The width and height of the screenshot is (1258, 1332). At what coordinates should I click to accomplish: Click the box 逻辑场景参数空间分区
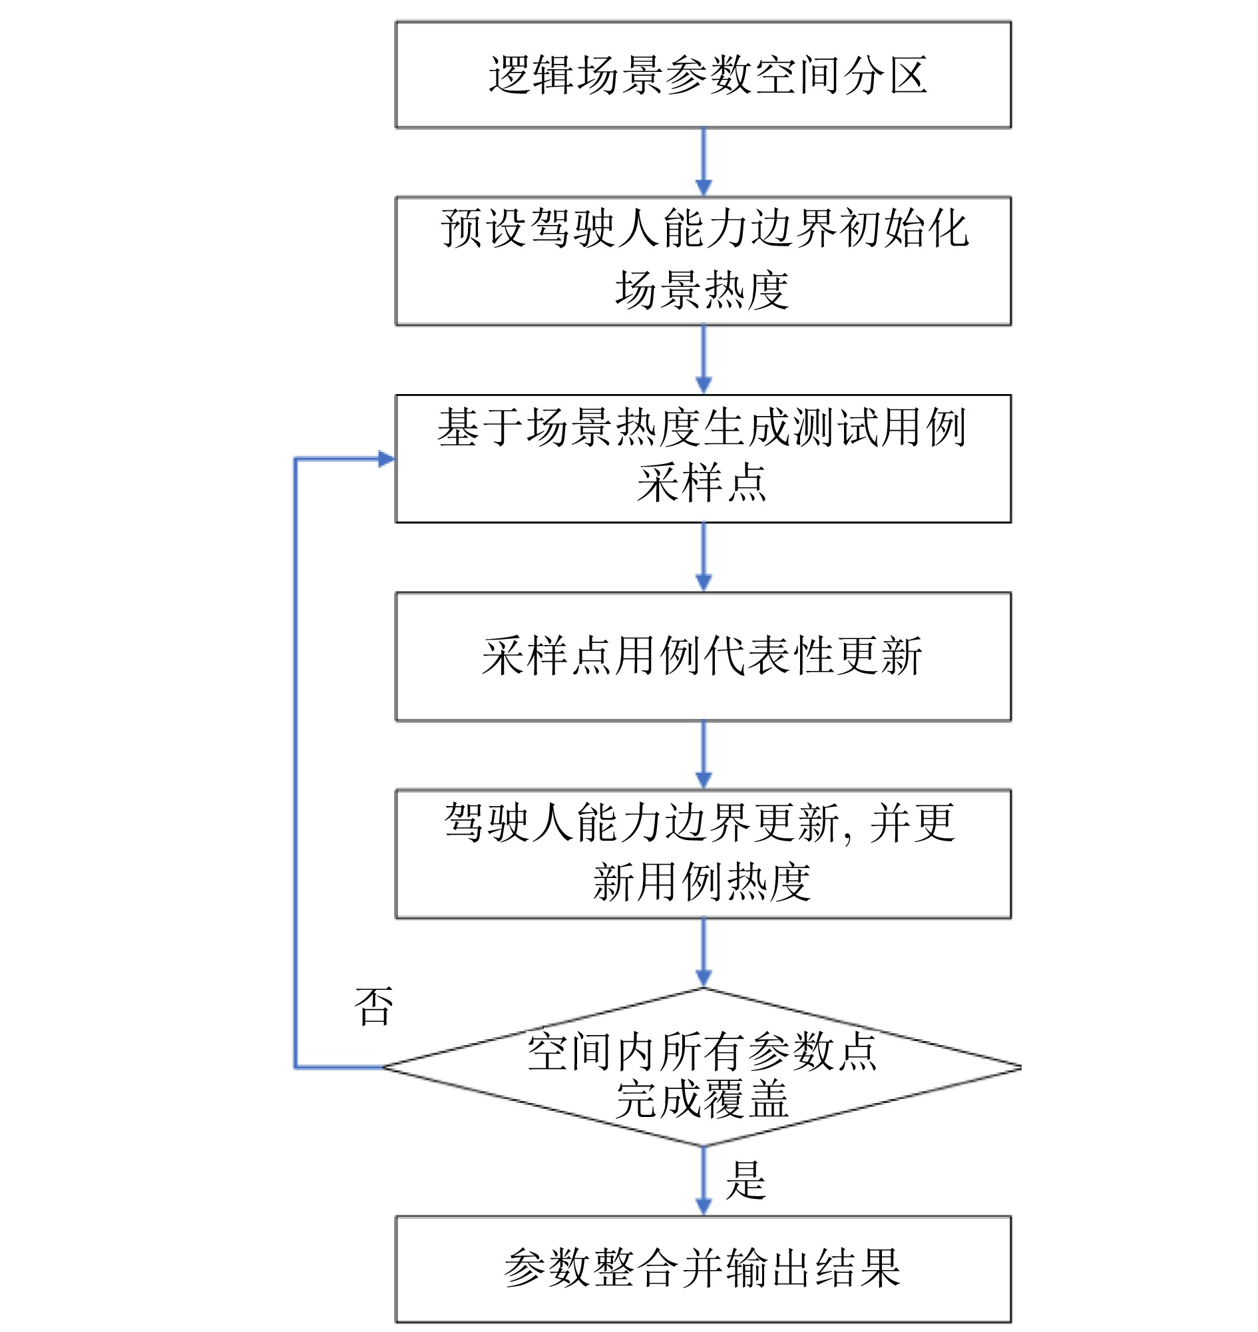click(703, 75)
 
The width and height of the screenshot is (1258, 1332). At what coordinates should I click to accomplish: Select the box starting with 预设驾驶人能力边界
click(703, 261)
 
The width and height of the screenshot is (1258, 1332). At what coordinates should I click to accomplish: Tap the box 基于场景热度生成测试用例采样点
click(703, 459)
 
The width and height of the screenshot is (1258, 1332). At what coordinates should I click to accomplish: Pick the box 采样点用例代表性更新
click(703, 656)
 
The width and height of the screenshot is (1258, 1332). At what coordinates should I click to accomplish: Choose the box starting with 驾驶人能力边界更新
click(703, 854)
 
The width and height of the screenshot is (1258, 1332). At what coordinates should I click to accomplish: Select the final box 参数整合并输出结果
click(703, 1269)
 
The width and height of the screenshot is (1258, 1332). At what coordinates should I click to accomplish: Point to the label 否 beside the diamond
click(373, 1006)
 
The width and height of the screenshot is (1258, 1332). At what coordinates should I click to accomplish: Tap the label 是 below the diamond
click(745, 1180)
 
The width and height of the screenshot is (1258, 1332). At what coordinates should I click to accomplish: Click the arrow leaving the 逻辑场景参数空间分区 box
click(704, 162)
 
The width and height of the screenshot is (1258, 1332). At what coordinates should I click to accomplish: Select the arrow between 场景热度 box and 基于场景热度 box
click(704, 359)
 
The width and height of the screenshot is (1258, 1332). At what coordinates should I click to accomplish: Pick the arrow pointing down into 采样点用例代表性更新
click(704, 557)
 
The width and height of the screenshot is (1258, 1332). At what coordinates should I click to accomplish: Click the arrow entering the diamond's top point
click(704, 953)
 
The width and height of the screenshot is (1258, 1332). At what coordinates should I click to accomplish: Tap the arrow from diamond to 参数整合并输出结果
click(704, 1181)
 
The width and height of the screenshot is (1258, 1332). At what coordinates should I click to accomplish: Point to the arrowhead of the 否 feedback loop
click(385, 459)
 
